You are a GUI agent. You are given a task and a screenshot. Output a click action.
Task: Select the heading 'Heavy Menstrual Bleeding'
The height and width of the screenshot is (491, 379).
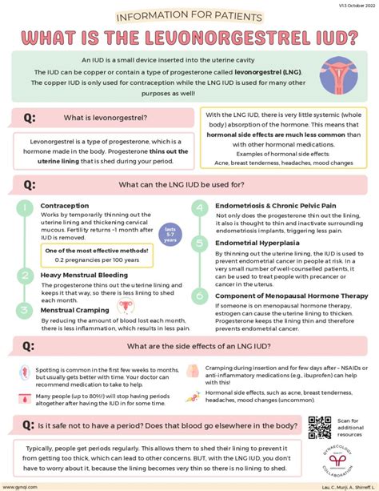tap(84, 275)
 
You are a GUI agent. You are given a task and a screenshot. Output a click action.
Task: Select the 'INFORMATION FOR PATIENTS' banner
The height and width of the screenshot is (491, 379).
tap(189, 16)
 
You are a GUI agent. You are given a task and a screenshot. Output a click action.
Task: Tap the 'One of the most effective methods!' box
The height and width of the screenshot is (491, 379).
tap(93, 255)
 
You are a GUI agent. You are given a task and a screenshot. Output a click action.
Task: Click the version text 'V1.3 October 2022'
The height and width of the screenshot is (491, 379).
tap(352, 4)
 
